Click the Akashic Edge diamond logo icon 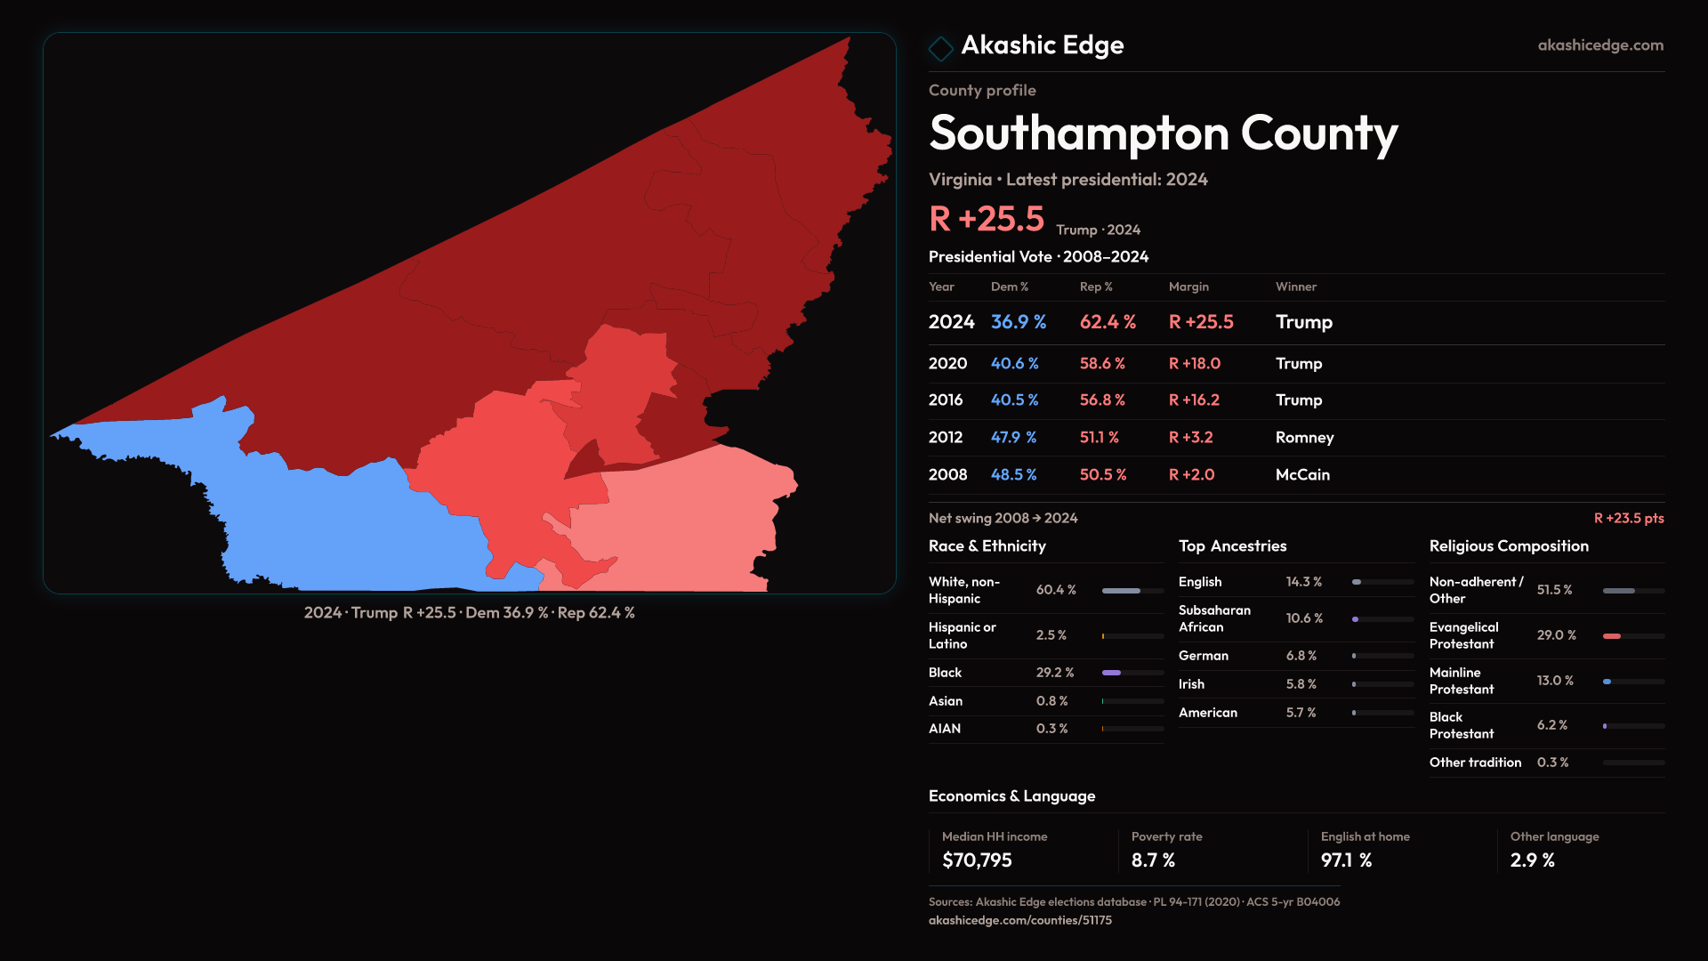(940, 47)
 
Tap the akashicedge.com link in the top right (1600, 45)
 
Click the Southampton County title (1163, 133)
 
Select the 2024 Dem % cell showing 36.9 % (1019, 322)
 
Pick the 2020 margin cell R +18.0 (1194, 364)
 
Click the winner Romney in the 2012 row (1304, 438)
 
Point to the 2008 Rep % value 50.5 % (1102, 475)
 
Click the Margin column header (1188, 287)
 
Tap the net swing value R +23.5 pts (1628, 518)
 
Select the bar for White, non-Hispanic (1121, 591)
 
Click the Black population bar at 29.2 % (1111, 673)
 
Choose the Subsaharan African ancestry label (1214, 618)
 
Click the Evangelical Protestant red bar (1611, 636)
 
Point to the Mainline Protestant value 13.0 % (1555, 681)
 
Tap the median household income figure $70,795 (977, 860)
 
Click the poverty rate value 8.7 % (1153, 860)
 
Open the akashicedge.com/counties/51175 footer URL (1019, 920)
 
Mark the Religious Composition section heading (1509, 546)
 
